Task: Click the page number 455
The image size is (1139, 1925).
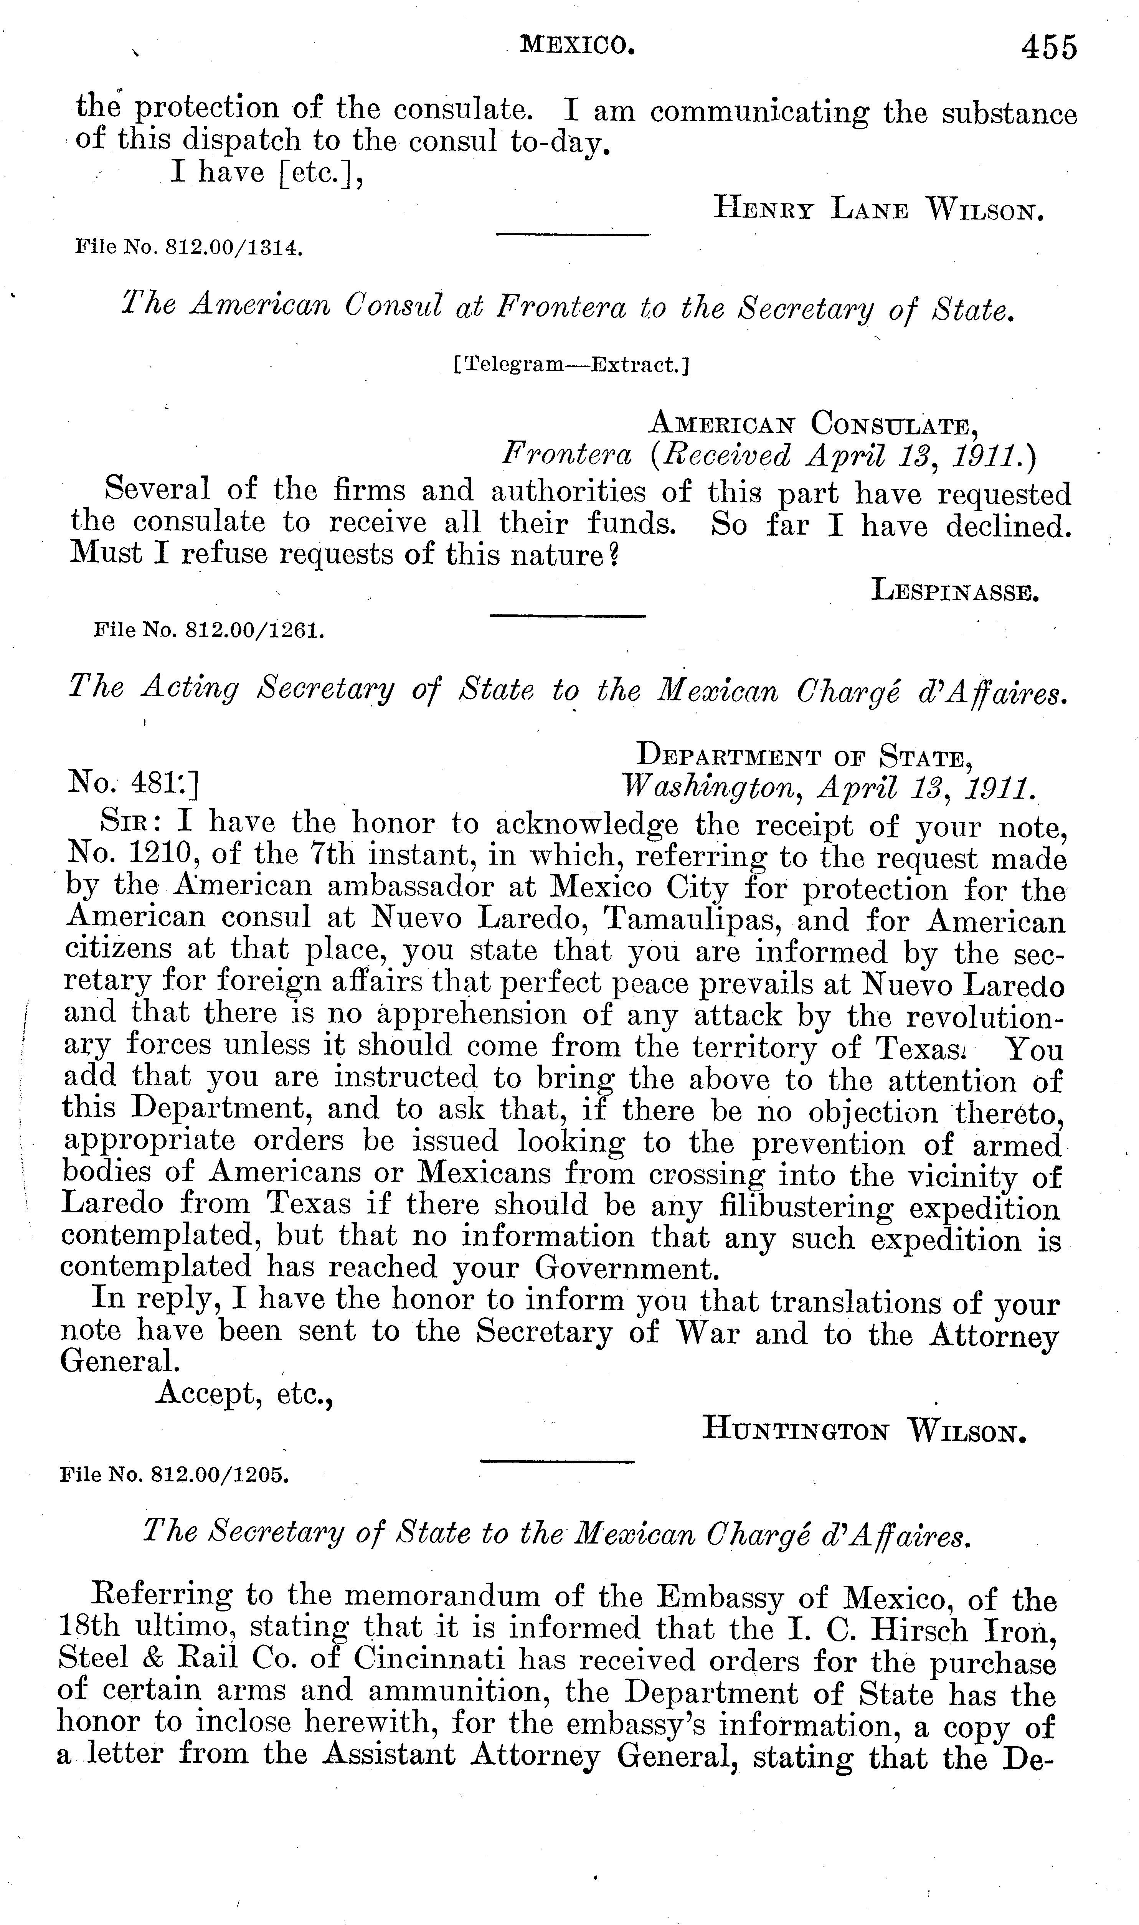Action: (1048, 48)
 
